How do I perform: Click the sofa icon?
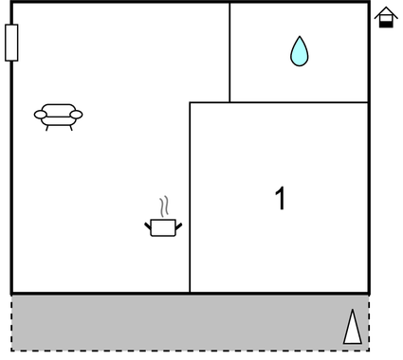[x=59, y=116]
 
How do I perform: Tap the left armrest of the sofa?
[x=40, y=116]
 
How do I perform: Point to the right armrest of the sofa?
[x=77, y=116]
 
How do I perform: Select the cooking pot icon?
[x=163, y=226]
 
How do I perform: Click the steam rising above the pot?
[x=164, y=207]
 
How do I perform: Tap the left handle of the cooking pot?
[x=148, y=225]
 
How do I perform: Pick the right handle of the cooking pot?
[x=178, y=225]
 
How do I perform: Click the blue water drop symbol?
[x=300, y=51]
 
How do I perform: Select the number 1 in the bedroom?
[x=280, y=199]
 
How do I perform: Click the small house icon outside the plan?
[x=385, y=17]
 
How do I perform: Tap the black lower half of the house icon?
[x=385, y=23]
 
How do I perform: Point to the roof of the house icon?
[x=385, y=11]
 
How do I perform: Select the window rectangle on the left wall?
[x=11, y=43]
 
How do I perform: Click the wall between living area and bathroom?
[x=229, y=52]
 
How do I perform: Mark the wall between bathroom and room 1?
[x=299, y=102]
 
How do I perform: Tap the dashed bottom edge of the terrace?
[x=190, y=351]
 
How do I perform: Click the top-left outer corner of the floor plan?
[x=11, y=2]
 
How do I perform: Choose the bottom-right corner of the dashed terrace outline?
[x=369, y=351]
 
